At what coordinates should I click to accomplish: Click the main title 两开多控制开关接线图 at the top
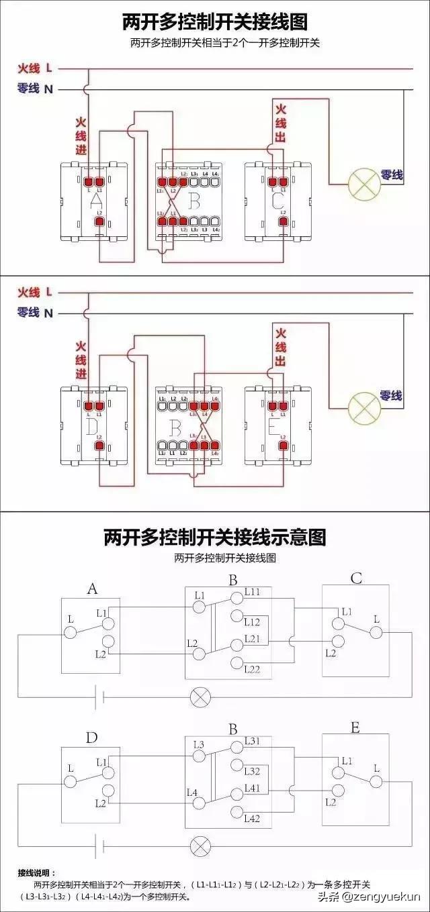click(215, 22)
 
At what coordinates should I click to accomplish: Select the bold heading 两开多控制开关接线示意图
click(214, 537)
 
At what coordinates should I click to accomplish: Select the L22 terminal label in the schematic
click(253, 669)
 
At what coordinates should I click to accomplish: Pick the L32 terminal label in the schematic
click(253, 771)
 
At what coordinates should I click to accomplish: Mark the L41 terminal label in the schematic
click(253, 788)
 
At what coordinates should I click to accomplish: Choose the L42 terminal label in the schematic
click(253, 818)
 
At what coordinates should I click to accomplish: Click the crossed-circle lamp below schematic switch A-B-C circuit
click(200, 697)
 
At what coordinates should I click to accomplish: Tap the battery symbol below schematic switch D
click(100, 845)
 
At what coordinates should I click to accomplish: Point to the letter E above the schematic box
click(355, 728)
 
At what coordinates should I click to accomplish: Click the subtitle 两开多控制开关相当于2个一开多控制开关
click(215, 43)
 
